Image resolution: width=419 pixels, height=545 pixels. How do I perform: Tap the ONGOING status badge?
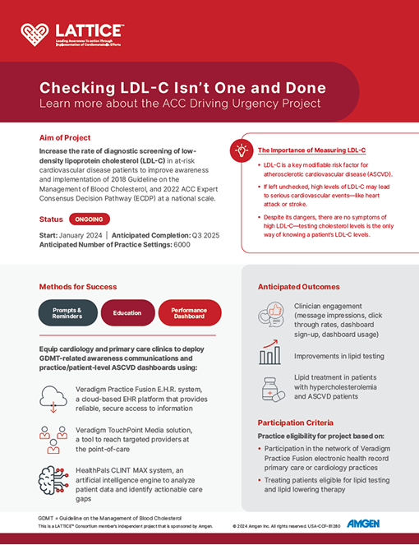click(84, 220)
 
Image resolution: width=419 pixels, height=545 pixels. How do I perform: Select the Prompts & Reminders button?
click(68, 312)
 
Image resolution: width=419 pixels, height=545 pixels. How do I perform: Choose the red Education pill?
click(127, 312)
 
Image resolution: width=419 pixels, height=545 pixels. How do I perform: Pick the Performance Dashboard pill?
click(188, 312)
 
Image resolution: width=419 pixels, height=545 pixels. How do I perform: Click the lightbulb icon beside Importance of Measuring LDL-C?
click(242, 150)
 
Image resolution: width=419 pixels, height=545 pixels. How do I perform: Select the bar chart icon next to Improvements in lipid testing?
click(269, 354)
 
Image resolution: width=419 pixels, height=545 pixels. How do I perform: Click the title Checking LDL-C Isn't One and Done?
click(182, 88)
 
